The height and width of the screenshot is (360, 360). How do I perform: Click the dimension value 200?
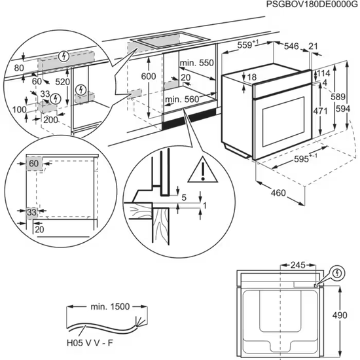pyautogui.click(x=49, y=121)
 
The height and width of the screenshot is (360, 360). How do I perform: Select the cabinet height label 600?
pyautogui.click(x=150, y=77)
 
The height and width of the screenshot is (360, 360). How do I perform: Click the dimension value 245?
pyautogui.click(x=298, y=266)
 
